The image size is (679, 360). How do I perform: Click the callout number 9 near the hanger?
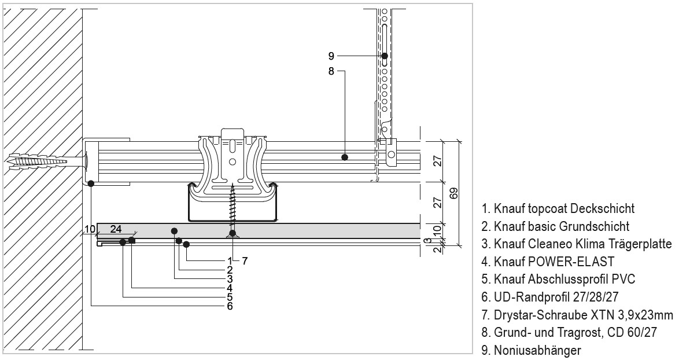click(x=331, y=56)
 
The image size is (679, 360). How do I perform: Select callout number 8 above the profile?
click(x=331, y=72)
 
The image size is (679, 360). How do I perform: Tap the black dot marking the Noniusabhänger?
click(x=385, y=56)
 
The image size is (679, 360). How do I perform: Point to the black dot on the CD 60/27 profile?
click(x=345, y=157)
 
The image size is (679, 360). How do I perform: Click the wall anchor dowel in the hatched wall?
click(x=35, y=160)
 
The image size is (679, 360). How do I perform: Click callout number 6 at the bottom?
click(x=230, y=306)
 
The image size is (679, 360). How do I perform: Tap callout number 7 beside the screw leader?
click(x=245, y=261)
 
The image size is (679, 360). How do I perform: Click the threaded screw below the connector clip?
click(x=233, y=205)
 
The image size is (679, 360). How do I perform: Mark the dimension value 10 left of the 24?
click(x=89, y=229)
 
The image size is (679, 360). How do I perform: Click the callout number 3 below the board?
click(x=230, y=278)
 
